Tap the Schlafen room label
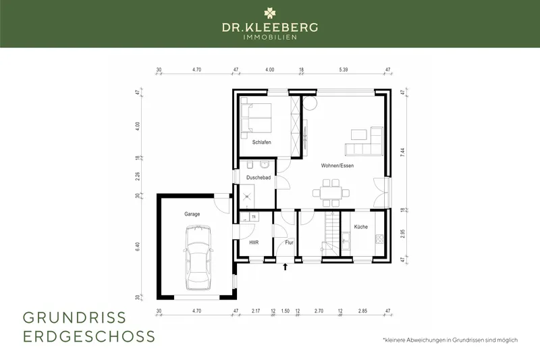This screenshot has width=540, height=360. click(262, 143)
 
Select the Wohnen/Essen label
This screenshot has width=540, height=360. click(337, 165)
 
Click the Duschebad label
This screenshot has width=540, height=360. click(259, 178)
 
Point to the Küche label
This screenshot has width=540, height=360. click(360, 227)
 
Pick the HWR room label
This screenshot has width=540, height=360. click(254, 242)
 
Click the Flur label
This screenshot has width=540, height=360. click(288, 242)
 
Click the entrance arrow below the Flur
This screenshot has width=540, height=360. click(286, 267)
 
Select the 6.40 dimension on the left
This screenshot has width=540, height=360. click(138, 247)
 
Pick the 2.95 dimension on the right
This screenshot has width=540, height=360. click(403, 234)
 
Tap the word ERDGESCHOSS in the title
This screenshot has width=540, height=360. click(89, 336)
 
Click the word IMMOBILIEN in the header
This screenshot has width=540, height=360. click(270, 36)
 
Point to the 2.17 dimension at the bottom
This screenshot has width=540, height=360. click(255, 312)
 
